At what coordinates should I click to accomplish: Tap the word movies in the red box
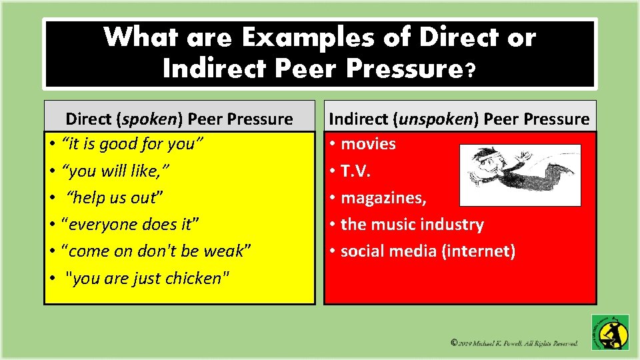(x=368, y=144)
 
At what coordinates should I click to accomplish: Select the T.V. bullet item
(x=355, y=171)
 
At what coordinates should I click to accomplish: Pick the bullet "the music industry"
(x=412, y=225)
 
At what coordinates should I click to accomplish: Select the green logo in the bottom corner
(x=610, y=332)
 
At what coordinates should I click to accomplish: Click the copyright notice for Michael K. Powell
(x=514, y=343)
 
